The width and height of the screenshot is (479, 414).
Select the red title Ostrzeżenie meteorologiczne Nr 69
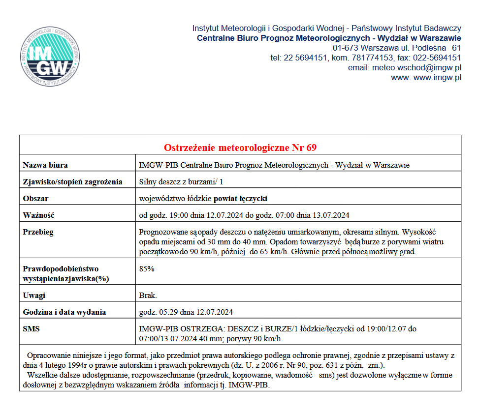(x=240, y=148)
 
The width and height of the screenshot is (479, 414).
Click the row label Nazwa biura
(x=45, y=165)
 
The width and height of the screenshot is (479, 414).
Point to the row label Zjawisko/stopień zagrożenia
(x=72, y=182)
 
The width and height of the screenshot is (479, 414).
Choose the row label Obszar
(x=36, y=199)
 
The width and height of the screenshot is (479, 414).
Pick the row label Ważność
(x=38, y=215)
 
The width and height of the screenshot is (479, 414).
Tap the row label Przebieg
(x=38, y=232)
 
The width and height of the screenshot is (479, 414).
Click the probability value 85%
(x=147, y=269)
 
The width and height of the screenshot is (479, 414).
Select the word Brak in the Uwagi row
(x=148, y=295)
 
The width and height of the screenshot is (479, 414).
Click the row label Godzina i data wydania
(x=64, y=312)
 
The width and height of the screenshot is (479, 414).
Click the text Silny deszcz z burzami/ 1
(x=181, y=182)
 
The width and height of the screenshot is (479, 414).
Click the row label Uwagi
(x=34, y=295)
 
